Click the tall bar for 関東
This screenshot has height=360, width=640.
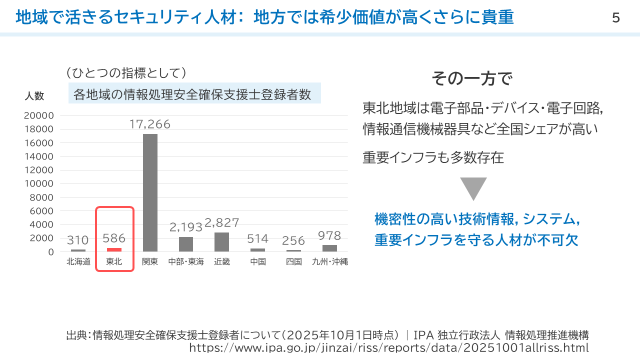pos(150,192)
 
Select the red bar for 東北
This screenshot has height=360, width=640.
pos(114,249)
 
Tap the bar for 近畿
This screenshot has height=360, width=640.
pos(221,242)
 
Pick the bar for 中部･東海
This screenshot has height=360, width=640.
pos(186,244)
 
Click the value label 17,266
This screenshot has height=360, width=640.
pos(150,124)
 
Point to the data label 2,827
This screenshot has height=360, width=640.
pos(221,222)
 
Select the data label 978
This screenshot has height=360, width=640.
pos(329,235)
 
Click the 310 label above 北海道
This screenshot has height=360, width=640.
pos(78,240)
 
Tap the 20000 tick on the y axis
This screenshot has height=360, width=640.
pos(38,115)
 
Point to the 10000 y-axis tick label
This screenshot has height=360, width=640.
pos(38,183)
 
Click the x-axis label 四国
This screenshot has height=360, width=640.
pos(293,261)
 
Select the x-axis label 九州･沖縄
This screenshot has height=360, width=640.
pos(329,261)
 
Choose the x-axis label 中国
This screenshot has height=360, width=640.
pos(257,261)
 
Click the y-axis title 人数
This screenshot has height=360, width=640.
pos(34,96)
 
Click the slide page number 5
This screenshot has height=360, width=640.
pos(615,18)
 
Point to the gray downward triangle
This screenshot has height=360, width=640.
pos(473,187)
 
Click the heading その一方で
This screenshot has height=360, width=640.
pos(472,78)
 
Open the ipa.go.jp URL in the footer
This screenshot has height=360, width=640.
pos(388,347)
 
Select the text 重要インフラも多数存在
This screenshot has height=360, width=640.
pos(433,158)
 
